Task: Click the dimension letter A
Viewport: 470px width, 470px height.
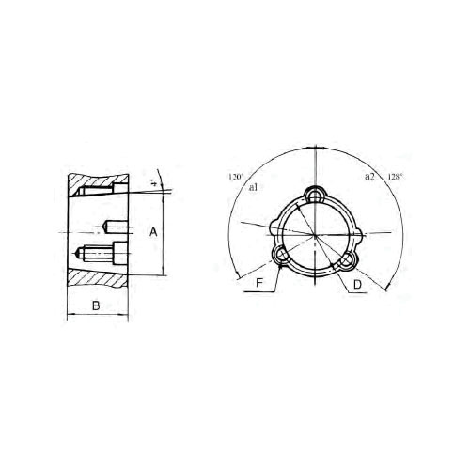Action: click(x=153, y=230)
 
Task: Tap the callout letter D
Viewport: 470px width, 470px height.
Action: click(x=358, y=283)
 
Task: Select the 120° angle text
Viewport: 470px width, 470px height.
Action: click(x=235, y=177)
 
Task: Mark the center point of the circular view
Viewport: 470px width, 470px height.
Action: click(x=317, y=234)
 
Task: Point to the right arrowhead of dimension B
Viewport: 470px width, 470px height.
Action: click(x=125, y=317)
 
